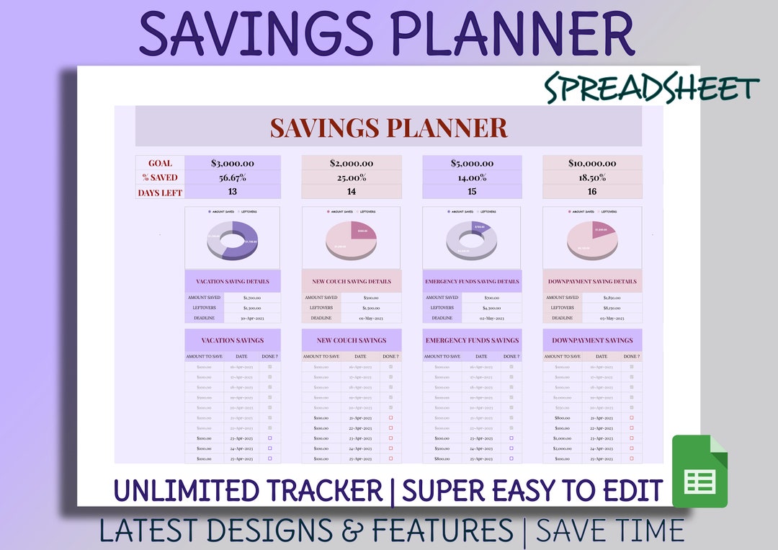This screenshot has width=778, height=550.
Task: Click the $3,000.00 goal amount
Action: [x=232, y=164]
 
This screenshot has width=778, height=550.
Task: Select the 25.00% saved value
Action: [x=352, y=178]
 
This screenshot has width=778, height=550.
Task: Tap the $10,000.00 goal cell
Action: [x=592, y=164]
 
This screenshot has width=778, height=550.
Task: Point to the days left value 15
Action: [x=472, y=192]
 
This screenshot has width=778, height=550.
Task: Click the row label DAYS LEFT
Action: [x=160, y=192]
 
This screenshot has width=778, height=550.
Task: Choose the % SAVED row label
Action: [x=160, y=178]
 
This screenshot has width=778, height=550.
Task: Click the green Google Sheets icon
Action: [x=699, y=471]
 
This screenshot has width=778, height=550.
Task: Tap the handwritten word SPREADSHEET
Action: [x=651, y=89]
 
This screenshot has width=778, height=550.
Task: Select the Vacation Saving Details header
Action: [x=232, y=282]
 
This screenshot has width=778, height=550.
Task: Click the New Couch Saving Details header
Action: [x=352, y=282]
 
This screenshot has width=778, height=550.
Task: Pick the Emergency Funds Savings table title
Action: [x=472, y=340]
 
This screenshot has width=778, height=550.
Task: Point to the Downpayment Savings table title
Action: [x=592, y=340]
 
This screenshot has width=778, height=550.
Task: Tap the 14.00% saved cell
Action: [x=472, y=178]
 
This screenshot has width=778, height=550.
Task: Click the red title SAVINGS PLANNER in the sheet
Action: [x=388, y=128]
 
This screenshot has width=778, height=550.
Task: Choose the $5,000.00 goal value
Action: [x=472, y=164]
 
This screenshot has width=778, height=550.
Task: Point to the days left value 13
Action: [x=232, y=192]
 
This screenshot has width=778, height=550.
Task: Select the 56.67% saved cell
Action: [x=232, y=178]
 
